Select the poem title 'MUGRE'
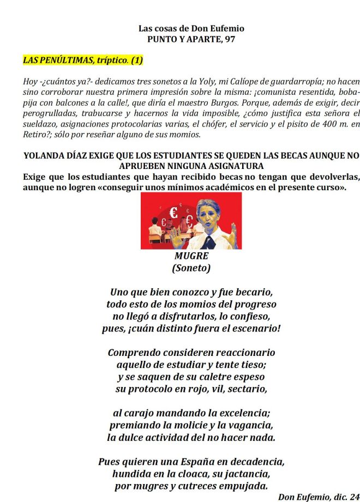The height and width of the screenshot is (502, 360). point(191,256)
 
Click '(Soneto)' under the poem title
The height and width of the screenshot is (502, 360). point(191,268)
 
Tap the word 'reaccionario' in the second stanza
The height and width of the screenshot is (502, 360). point(239,353)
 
